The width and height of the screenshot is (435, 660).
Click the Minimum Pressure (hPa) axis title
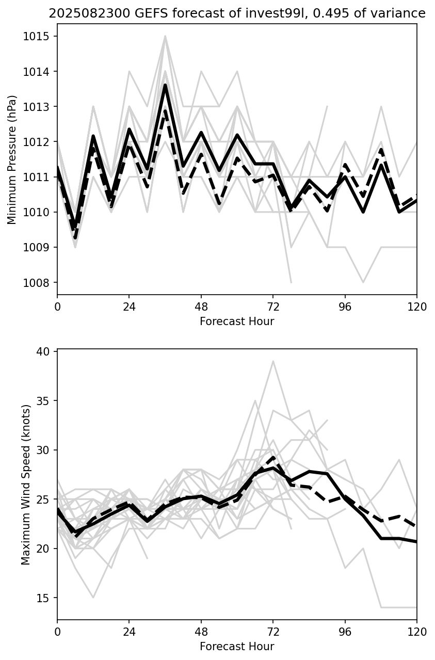(12, 159)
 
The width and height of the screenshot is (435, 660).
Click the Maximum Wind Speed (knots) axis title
(26, 485)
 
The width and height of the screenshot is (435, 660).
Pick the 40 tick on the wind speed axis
(44, 351)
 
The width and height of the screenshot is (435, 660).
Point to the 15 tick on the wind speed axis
(44, 598)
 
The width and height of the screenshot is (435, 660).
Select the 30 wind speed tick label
(44, 450)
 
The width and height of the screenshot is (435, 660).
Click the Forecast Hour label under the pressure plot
(237, 321)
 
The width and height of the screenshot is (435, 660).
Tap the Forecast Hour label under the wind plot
(237, 646)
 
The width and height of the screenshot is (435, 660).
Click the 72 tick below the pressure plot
(273, 307)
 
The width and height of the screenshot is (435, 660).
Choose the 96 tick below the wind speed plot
(345, 631)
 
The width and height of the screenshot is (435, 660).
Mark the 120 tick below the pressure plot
(417, 307)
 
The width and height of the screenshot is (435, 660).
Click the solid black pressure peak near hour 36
(165, 85)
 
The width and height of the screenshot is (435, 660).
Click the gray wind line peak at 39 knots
(273, 361)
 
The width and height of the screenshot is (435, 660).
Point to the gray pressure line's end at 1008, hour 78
(291, 282)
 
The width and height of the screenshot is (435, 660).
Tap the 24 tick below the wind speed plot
(129, 631)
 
